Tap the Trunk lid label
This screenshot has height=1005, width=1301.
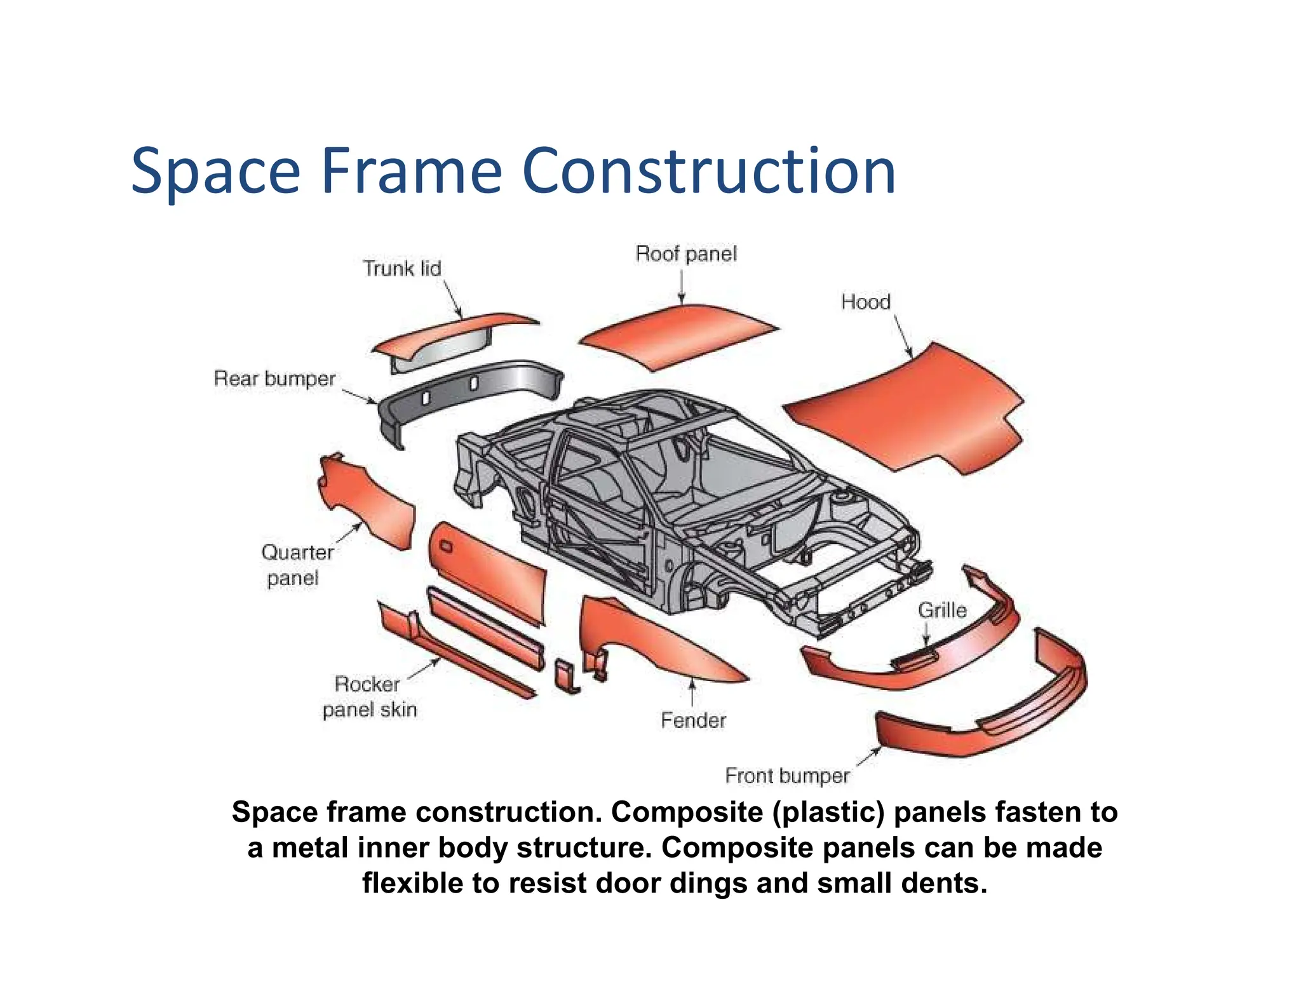[401, 268]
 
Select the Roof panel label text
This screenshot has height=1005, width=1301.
[685, 253]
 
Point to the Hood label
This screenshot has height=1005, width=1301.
[865, 302]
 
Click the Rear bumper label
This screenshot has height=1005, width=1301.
[274, 379]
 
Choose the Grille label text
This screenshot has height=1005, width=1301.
[941, 610]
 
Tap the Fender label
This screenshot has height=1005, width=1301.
[692, 720]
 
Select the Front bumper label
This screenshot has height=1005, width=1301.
[786, 776]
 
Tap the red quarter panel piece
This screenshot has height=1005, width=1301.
[368, 502]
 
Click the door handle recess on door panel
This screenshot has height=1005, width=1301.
[445, 546]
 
